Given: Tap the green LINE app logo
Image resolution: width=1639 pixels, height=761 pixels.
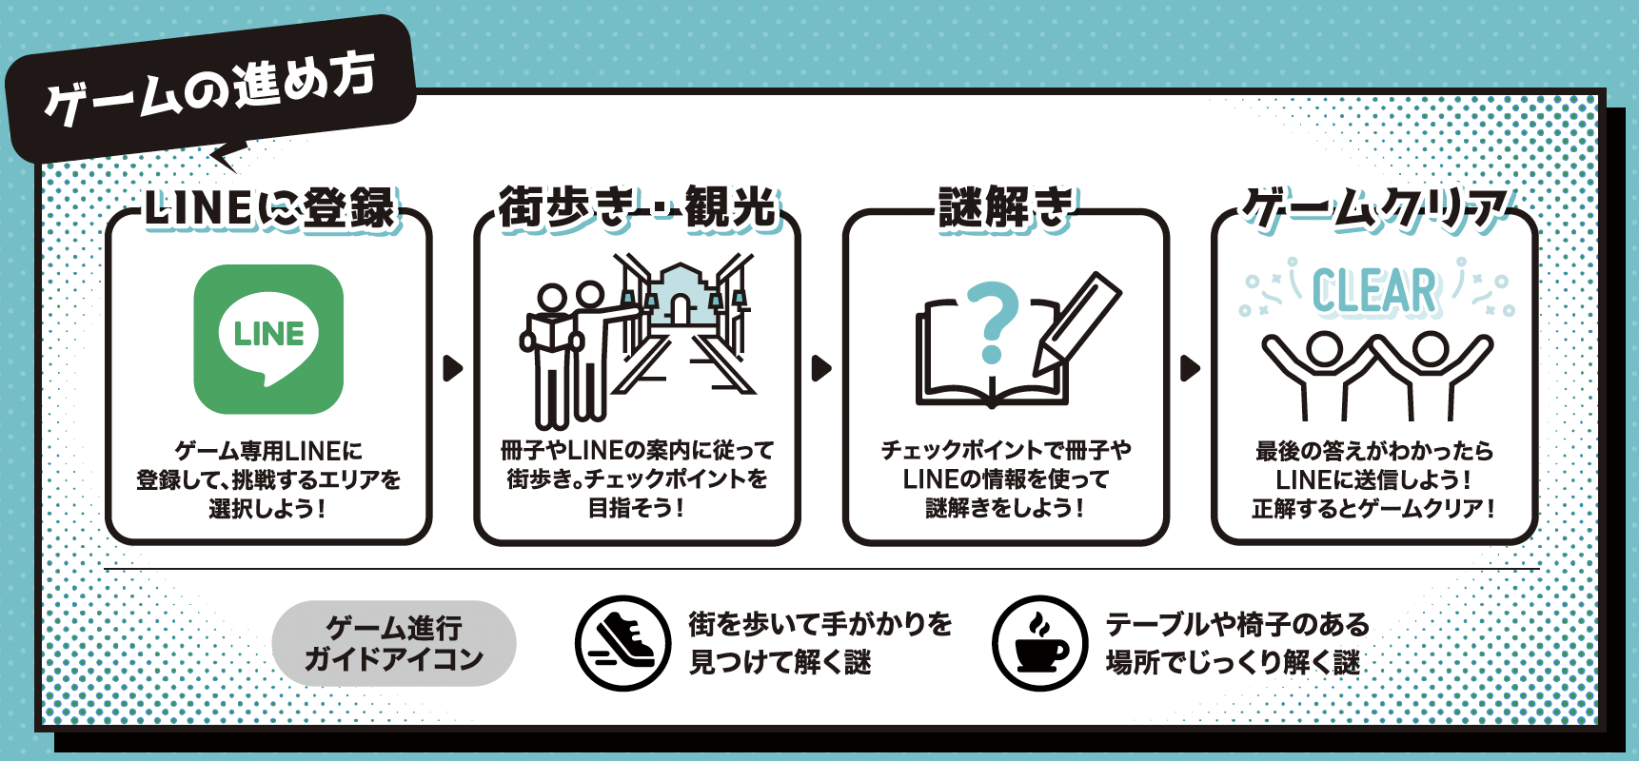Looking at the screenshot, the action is coord(268,339).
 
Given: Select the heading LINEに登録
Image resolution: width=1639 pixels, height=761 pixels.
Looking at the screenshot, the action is coord(269,208).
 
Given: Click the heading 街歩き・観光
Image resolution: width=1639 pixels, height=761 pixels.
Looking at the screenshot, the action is coord(637,207).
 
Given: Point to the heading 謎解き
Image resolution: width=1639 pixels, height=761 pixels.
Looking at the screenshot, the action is coord(1005,207).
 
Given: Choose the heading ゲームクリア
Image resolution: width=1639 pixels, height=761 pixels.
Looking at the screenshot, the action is coord(1374,208).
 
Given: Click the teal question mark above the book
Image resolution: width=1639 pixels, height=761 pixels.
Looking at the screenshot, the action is coord(993,322).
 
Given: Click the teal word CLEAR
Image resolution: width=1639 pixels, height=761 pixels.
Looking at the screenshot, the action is coord(1374,291).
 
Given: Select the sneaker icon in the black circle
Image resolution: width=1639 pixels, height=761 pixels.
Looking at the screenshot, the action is coord(622,643).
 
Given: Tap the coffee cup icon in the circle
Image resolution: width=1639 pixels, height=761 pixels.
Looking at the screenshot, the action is coord(1039,643).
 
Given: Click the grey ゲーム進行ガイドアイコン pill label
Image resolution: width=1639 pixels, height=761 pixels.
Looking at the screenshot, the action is coord(394,643).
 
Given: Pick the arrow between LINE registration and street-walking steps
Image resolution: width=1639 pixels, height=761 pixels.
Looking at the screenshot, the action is coord(453,368).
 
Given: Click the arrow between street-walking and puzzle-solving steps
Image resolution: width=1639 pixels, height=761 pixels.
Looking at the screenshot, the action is coord(821,368).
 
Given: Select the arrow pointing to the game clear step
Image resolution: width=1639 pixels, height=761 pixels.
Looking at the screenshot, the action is coord(1190,368).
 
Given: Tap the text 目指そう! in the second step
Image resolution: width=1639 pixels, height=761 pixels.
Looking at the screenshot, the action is coord(637,508).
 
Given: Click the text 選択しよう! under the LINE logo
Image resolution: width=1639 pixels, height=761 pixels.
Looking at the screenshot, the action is coord(268,509).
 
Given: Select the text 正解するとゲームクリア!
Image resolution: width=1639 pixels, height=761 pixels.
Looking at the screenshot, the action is coord(1374,509).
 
